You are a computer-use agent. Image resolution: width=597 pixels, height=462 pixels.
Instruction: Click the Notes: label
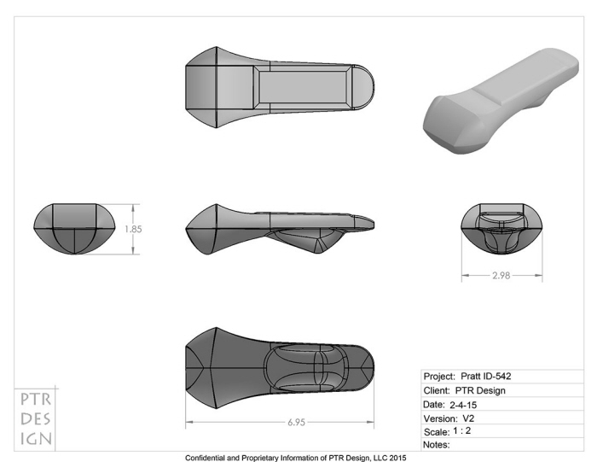[x=437, y=444]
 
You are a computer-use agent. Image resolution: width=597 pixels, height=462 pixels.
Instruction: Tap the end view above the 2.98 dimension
[x=501, y=229]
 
